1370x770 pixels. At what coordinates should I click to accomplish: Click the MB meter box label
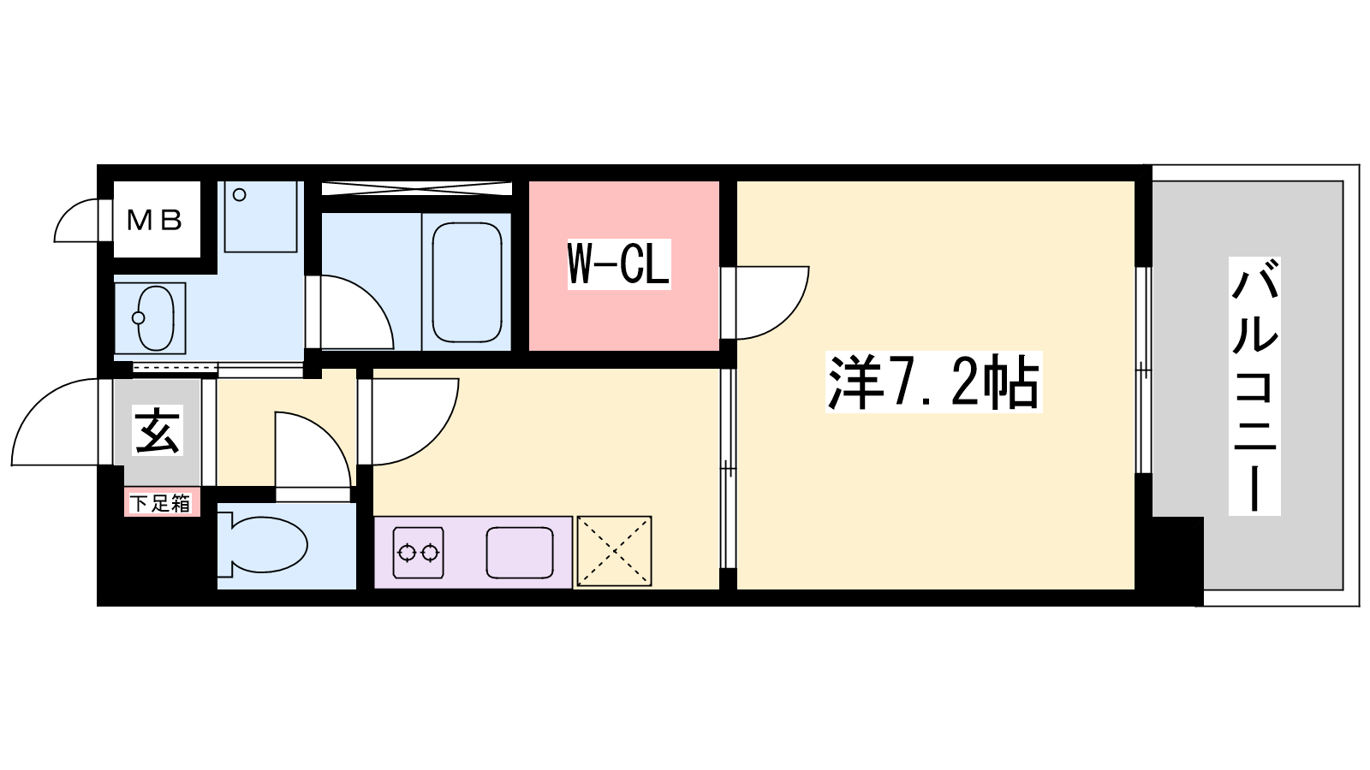(155, 220)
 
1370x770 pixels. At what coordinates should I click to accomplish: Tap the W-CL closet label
(619, 264)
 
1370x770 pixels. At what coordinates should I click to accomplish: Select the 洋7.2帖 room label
(934, 382)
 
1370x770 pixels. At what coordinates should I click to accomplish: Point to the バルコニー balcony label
(1254, 386)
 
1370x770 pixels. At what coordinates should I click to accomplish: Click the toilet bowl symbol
(262, 545)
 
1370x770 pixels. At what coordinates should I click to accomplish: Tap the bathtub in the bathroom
(467, 282)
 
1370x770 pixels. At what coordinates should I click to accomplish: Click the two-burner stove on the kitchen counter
(419, 553)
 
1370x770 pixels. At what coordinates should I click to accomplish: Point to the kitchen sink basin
(520, 553)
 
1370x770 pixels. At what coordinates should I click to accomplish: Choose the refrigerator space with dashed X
(614, 551)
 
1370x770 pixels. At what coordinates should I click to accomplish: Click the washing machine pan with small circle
(260, 216)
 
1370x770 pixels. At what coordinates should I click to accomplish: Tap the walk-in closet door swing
(771, 303)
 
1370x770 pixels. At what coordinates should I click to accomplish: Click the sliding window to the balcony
(1143, 370)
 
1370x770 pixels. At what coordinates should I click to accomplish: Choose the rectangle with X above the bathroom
(416, 188)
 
